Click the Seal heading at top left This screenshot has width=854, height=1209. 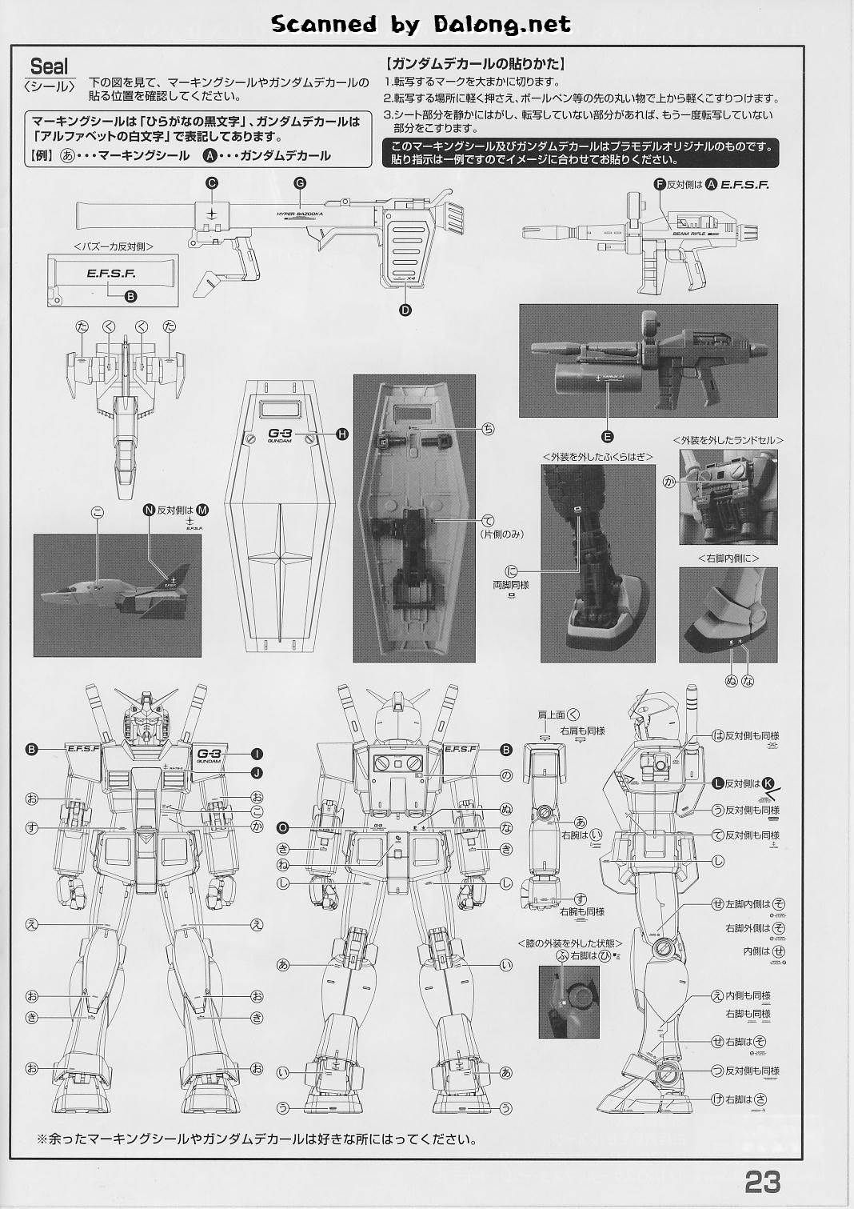49,66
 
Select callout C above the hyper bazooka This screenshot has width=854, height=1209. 212,183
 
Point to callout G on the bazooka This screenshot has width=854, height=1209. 300,183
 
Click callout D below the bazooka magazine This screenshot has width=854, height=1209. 405,310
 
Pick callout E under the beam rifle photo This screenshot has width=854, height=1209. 608,436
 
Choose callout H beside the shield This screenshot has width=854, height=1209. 342,434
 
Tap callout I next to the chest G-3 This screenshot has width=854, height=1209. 257,754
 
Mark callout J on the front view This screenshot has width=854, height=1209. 257,772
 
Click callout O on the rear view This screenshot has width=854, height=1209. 282,827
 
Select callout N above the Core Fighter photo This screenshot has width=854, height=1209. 149,510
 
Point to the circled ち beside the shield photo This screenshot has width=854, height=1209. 488,429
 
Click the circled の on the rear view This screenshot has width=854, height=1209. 505,775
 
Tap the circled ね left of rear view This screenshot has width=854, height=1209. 282,866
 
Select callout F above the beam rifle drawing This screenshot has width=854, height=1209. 660,184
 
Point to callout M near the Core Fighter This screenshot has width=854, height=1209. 202,510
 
